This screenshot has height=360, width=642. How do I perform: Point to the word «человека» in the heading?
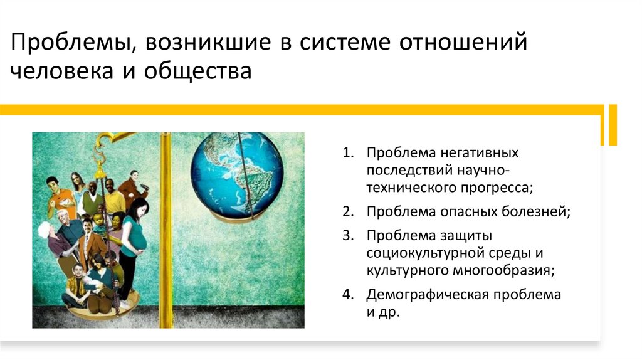point(58,70)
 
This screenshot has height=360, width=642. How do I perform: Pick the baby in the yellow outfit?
point(98,223)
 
